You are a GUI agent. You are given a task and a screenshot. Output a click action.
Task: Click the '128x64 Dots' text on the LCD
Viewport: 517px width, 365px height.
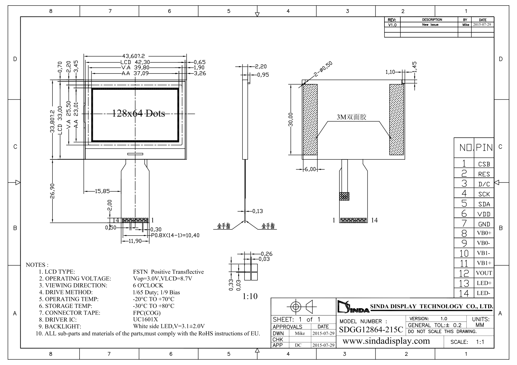[x=138, y=114]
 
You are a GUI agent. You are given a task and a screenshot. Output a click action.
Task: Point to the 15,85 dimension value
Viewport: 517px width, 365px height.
[x=102, y=191]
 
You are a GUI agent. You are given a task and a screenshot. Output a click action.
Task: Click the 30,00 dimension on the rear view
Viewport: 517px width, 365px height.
[x=290, y=119]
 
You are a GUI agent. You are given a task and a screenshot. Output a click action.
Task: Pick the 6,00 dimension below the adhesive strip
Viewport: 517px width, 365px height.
[x=310, y=169]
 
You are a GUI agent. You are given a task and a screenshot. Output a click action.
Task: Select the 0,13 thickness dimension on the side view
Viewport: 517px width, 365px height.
[x=257, y=211]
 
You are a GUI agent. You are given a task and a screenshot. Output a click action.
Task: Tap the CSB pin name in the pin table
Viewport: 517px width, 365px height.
[x=484, y=164]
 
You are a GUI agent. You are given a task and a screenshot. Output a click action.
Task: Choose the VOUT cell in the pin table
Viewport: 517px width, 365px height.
[x=484, y=273]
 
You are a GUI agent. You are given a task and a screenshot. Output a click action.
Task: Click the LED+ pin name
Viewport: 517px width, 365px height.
[x=484, y=283]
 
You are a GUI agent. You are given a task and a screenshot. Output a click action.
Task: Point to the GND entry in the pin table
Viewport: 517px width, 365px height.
[x=484, y=224]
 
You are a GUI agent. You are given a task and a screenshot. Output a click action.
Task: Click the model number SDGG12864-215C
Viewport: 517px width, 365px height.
[x=371, y=329]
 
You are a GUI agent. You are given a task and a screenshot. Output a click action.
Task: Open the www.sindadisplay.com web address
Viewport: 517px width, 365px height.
[x=386, y=341]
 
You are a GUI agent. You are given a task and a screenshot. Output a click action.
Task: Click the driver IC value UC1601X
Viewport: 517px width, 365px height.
[x=146, y=319]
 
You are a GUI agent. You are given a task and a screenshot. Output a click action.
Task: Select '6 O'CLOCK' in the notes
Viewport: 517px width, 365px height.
[x=148, y=285]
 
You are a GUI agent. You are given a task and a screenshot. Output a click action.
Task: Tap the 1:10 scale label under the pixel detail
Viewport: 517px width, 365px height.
[x=250, y=296]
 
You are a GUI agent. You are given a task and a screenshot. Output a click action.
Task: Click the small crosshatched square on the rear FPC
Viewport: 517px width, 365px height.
[x=344, y=196]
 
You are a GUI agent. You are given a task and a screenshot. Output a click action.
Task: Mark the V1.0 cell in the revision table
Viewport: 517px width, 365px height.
[x=392, y=25]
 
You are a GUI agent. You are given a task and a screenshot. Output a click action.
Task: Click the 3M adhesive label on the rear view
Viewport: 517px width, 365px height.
[x=351, y=117]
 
